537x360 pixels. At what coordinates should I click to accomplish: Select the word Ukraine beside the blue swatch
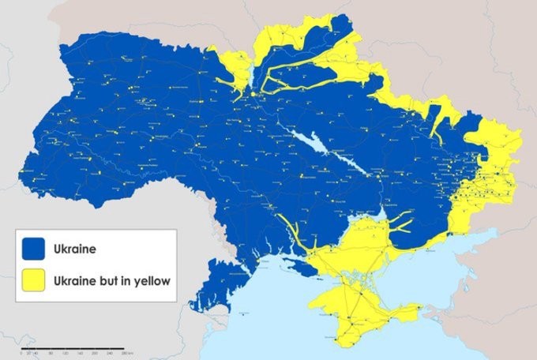74,250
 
